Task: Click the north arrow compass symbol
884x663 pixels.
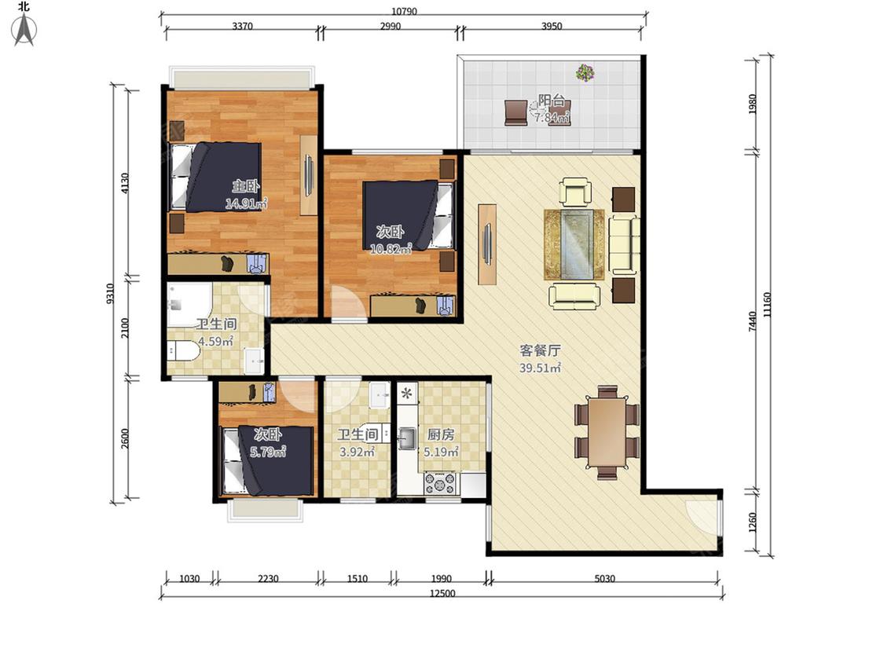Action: (x=24, y=28)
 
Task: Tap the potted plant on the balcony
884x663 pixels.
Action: (x=585, y=72)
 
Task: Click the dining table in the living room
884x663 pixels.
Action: (x=607, y=432)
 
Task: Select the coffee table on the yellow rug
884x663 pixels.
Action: (x=574, y=244)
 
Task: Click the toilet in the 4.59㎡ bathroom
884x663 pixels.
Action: (x=183, y=350)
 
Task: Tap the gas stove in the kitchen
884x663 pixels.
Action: (x=440, y=483)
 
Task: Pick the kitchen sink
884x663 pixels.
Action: (x=406, y=438)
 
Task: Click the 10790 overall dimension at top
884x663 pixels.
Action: (x=404, y=11)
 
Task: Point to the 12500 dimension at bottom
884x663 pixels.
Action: (x=442, y=593)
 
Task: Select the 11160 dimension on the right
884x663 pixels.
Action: (x=767, y=305)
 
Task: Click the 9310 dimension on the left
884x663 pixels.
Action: (x=110, y=294)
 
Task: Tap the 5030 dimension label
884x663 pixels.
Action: (x=604, y=578)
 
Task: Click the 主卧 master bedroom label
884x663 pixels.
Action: (x=246, y=186)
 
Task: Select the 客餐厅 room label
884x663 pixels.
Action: (x=540, y=350)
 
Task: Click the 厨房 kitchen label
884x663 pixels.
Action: (x=440, y=434)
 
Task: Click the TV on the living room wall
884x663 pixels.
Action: (x=487, y=244)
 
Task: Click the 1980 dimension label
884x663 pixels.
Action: (x=753, y=104)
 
